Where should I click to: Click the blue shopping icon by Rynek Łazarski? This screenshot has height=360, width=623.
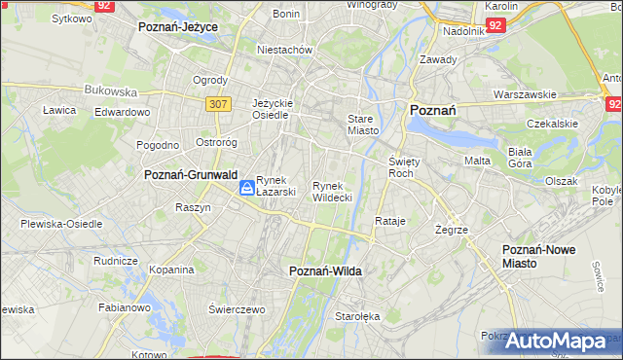(247, 186)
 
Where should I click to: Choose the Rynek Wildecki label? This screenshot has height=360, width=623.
(332, 191)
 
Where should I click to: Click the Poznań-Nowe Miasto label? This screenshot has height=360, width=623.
(538, 256)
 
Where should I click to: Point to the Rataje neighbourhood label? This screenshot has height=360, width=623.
(389, 221)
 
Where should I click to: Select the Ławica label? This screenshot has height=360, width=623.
(59, 110)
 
